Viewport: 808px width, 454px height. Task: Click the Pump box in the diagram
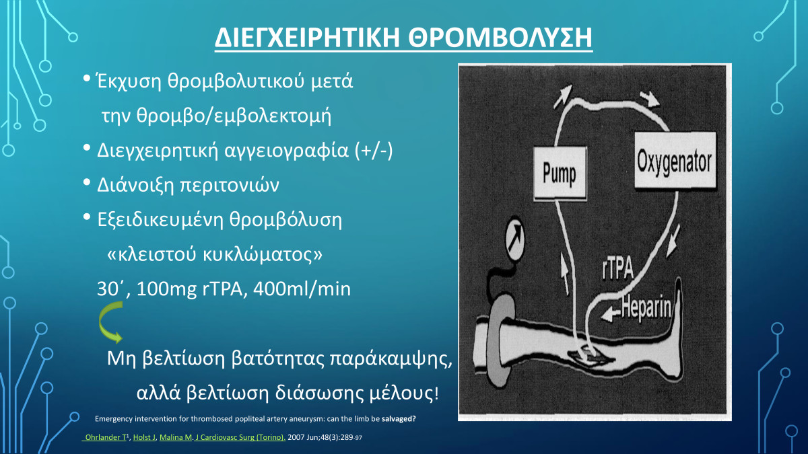tap(560, 174)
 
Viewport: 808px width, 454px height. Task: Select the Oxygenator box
tap(675, 160)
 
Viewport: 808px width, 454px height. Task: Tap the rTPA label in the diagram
tap(617, 269)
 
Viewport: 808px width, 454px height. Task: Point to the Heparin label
tap(646, 308)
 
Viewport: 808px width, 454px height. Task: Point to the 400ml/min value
tap(302, 289)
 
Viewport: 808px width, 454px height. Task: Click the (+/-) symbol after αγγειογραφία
tap(374, 151)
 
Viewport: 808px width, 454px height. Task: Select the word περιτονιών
tap(230, 186)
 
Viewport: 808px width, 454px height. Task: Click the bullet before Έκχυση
tap(87, 78)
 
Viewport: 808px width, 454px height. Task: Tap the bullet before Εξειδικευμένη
tap(87, 217)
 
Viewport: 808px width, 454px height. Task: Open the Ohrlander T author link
tap(104, 437)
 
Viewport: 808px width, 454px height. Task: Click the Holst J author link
tap(144, 437)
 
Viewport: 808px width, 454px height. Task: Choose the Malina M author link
tap(176, 437)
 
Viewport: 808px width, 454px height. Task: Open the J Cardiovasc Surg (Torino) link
tap(240, 437)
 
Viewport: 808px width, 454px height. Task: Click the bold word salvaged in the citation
tap(399, 418)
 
